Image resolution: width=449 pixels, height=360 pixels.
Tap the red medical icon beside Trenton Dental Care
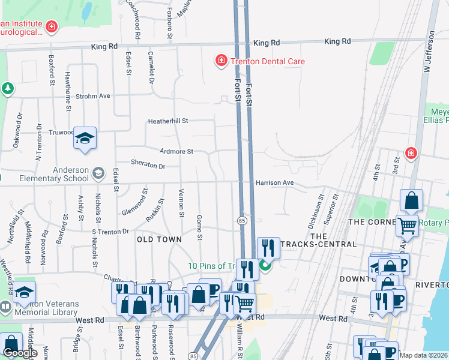pos(221,61)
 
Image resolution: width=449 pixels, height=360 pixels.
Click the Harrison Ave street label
pos(274,182)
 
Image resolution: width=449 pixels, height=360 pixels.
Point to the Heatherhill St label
pos(169,121)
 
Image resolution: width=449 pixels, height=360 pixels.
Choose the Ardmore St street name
pos(176,152)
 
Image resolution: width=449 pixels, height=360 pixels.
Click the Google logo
pos(20,353)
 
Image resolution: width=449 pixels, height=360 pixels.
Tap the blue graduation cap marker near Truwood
pos(85,139)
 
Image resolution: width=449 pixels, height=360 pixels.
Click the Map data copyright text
pos(423,355)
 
